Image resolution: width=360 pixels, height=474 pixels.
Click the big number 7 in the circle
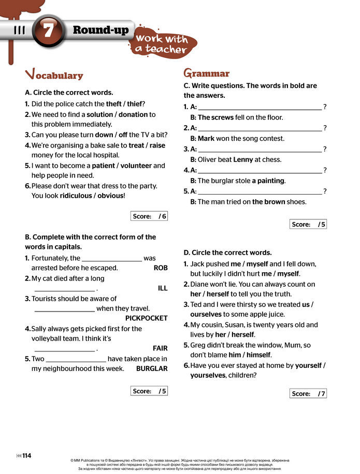click(x=48, y=31)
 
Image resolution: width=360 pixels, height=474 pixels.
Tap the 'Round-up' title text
click(x=100, y=29)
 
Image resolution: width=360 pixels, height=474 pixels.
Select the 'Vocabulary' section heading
click(x=54, y=75)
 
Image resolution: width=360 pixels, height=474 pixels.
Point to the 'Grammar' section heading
click(x=206, y=73)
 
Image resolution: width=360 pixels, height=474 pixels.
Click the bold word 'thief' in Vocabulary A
click(x=133, y=103)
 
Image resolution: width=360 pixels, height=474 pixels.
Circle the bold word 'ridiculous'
click(x=75, y=196)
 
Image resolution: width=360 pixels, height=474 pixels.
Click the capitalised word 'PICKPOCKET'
click(x=147, y=318)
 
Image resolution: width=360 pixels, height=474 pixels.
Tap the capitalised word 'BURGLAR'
click(x=152, y=369)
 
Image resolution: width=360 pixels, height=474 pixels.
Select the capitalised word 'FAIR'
click(x=160, y=348)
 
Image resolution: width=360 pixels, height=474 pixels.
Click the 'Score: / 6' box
click(x=149, y=216)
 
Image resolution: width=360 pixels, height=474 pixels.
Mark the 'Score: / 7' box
click(x=308, y=394)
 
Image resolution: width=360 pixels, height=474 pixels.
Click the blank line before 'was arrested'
click(x=112, y=258)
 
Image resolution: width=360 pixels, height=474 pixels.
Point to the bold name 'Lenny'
click(x=243, y=160)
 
